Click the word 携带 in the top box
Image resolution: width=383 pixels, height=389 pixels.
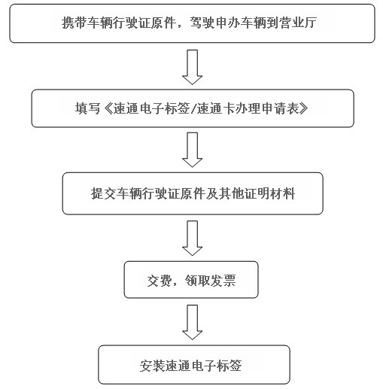(x=74, y=23)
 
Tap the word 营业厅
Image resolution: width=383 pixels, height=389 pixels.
(x=298, y=23)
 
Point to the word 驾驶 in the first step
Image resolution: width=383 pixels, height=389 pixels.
(x=202, y=23)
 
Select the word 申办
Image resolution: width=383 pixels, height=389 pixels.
(x=228, y=23)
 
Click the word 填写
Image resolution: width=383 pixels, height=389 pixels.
(x=87, y=108)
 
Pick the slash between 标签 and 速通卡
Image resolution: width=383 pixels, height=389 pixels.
(x=193, y=109)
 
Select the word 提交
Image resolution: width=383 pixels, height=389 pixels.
(x=103, y=193)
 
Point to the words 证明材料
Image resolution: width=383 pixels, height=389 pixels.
(x=269, y=193)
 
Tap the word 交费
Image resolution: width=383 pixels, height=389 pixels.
(x=160, y=280)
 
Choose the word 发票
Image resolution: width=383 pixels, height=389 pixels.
(x=223, y=280)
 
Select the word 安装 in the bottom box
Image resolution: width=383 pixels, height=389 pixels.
(x=152, y=366)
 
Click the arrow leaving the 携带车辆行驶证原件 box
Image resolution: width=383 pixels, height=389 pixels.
(x=193, y=67)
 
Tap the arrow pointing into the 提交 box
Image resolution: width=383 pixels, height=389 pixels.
(x=193, y=150)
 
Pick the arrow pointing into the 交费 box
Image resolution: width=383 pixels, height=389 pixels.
(x=193, y=239)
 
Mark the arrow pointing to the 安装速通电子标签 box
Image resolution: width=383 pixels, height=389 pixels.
(x=193, y=323)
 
